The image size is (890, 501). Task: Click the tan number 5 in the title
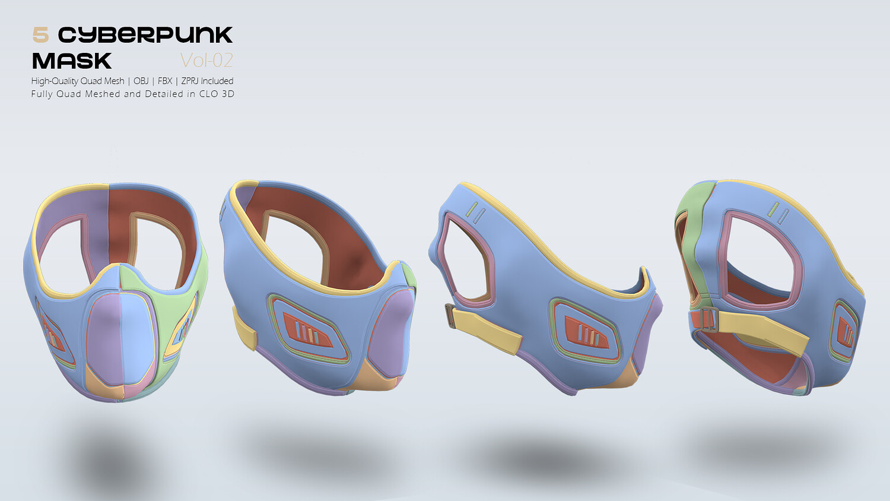coord(40,35)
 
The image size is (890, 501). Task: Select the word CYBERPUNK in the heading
coord(145,35)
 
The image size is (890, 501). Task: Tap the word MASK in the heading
coord(72,61)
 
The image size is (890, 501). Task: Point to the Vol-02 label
coord(206,61)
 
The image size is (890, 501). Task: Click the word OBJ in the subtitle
coord(141,81)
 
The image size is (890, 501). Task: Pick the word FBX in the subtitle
coord(165,81)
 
